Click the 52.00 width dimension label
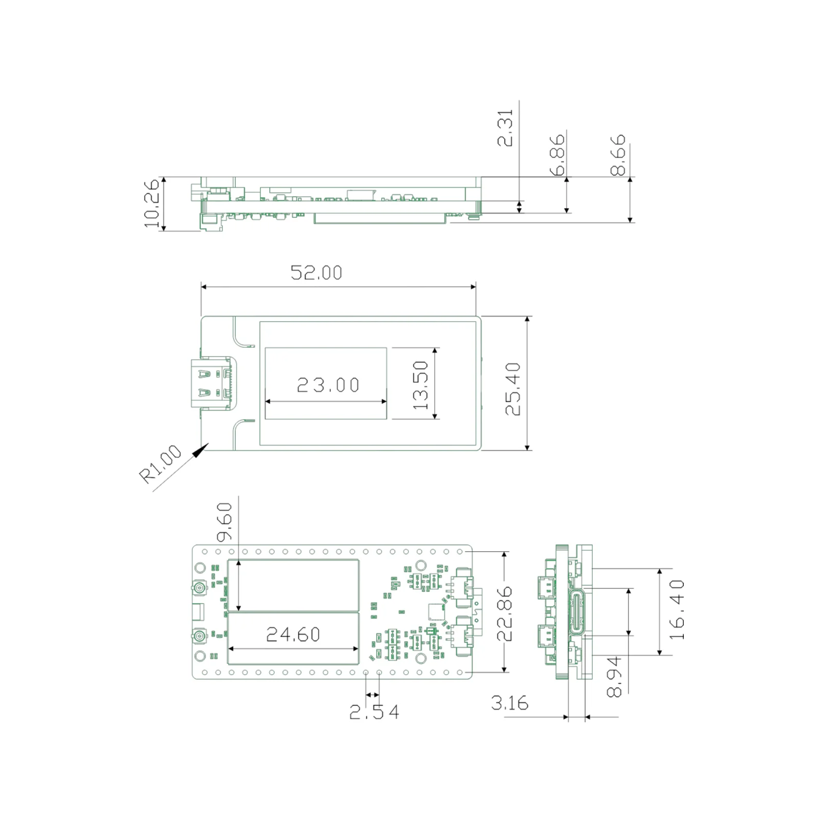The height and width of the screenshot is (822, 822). coord(316,273)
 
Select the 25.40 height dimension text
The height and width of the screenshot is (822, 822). coord(513,389)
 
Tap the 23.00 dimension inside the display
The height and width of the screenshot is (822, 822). coord(328,385)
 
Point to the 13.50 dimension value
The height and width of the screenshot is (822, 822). coord(420,385)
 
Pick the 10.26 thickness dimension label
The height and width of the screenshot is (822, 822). coord(152,203)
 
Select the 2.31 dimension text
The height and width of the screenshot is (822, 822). coord(505,128)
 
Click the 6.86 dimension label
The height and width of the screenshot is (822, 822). coord(557,155)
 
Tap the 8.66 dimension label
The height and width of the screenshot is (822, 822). coord(618,155)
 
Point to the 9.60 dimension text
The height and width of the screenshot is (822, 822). coord(225,522)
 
